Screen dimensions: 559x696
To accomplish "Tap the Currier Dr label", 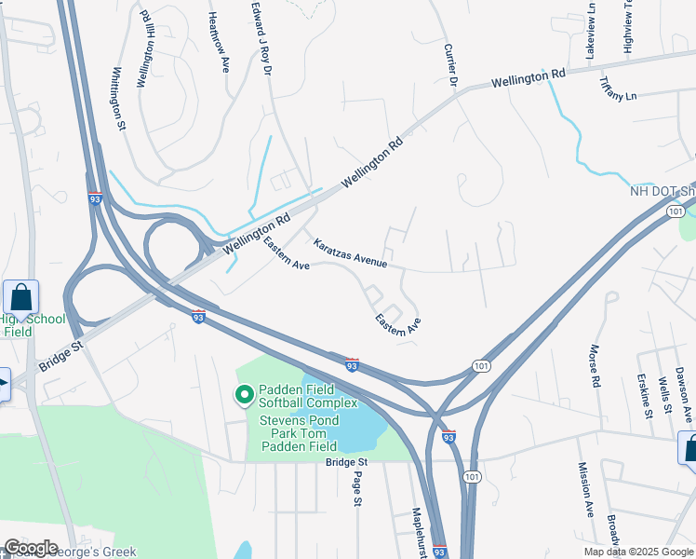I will pos(451,65).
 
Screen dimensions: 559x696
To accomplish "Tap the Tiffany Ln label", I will pos(617,90).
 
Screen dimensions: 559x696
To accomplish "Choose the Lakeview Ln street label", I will pos(589,32).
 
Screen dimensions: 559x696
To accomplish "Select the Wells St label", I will pos(664,393).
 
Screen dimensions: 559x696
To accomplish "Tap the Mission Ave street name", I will pos(585,489).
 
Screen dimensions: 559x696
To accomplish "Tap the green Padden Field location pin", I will pos(245,396).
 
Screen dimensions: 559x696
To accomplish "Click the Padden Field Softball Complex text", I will pos(309,396).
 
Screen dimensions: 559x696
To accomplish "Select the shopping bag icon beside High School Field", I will pos(20,297).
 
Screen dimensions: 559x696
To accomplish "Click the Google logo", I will pos(30,548).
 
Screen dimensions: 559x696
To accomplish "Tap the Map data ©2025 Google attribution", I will pos(637,552).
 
